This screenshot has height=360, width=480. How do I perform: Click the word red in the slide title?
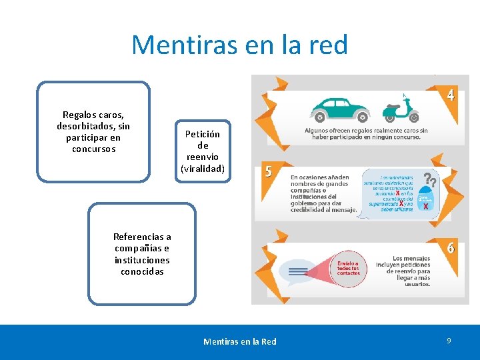[327, 45]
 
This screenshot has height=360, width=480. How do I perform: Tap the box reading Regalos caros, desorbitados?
[93, 131]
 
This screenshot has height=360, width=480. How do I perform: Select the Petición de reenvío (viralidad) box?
[203, 151]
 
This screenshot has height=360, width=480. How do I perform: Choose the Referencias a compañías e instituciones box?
[141, 254]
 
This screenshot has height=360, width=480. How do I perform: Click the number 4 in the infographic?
[451, 95]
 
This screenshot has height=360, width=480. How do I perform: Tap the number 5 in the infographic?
[269, 171]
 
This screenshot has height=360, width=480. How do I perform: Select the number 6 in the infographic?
[451, 247]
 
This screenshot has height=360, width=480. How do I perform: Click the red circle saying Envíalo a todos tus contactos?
[348, 269]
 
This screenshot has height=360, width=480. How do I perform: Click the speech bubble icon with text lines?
[299, 271]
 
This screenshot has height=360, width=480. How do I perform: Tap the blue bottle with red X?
[425, 201]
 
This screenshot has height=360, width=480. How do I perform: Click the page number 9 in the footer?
[449, 341]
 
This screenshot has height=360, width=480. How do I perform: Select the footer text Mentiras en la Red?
[239, 341]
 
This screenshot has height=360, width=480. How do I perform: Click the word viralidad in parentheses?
[203, 169]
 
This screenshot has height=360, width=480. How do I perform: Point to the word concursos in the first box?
[93, 149]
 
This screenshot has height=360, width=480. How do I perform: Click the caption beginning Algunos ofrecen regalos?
[366, 134]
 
